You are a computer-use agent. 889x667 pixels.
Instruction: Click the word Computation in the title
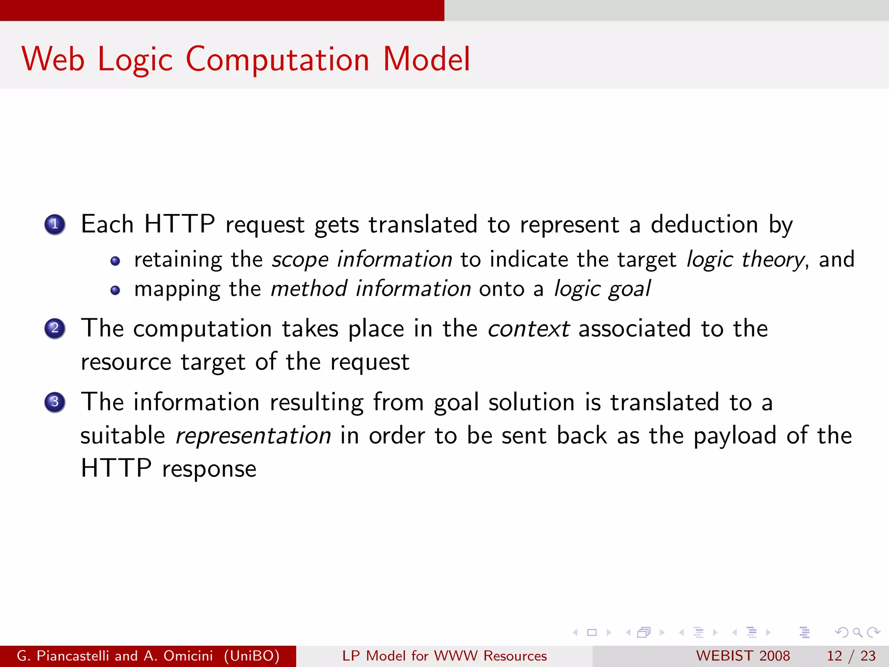tap(277, 59)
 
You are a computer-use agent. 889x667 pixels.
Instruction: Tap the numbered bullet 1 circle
tap(55, 225)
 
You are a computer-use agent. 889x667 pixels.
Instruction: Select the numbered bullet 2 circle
tap(55, 328)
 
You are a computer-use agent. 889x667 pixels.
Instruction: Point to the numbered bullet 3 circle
tap(55, 402)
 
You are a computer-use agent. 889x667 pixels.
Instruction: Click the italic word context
tap(528, 329)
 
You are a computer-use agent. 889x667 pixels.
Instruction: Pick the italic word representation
tap(253, 436)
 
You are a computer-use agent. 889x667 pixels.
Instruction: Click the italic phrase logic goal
tap(602, 289)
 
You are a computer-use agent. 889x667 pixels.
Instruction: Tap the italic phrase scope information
tap(362, 260)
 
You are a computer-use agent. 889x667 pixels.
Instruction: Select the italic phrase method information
tap(370, 289)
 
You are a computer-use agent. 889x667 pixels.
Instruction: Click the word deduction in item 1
tap(704, 225)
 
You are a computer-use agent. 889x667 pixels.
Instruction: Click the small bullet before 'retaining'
tap(115, 261)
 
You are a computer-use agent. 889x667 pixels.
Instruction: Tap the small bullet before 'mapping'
tap(115, 291)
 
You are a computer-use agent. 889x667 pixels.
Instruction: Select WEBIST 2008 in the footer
tap(743, 656)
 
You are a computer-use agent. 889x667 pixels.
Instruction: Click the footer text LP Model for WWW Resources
tap(444, 656)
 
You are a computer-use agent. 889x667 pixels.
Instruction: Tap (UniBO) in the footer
tap(252, 656)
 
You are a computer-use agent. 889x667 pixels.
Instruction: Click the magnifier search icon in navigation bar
tap(857, 633)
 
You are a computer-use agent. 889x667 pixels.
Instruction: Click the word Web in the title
tap(53, 59)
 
